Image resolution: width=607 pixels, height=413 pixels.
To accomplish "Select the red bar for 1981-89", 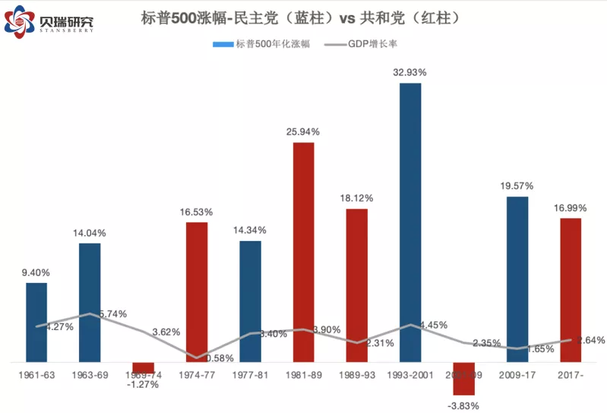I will (x=303, y=252).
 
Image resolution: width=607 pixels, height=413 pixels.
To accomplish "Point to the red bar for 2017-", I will (x=570, y=290).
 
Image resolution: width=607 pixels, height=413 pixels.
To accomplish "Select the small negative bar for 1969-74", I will (x=143, y=367).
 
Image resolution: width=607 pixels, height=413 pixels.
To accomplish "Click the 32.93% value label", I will (x=410, y=72).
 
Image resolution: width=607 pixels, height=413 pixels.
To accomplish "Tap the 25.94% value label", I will (x=303, y=132).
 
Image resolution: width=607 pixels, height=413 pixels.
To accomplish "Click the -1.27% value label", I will (x=143, y=384).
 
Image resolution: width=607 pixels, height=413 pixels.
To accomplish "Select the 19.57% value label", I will (x=517, y=186).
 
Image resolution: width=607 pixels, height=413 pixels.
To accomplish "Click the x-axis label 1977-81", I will (x=250, y=375).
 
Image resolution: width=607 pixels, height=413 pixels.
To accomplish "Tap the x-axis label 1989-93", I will (x=356, y=375).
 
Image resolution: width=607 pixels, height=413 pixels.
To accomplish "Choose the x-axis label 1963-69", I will (x=89, y=375).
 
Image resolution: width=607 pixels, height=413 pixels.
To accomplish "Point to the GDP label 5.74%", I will (x=112, y=313).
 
